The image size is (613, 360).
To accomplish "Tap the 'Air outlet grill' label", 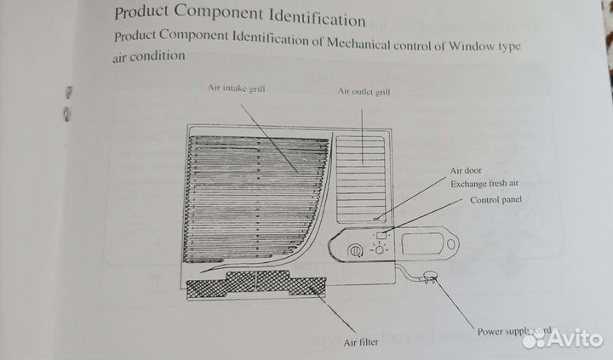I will pyautogui.click(x=364, y=91).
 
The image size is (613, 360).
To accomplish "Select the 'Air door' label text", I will pyautogui.click(x=467, y=170).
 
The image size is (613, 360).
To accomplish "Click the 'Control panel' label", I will pyautogui.click(x=496, y=200).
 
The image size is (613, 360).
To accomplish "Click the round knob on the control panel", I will pyautogui.click(x=355, y=250).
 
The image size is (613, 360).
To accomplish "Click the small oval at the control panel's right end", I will pyautogui.click(x=448, y=248).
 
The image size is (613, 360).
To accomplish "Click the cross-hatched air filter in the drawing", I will pyautogui.click(x=255, y=285).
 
